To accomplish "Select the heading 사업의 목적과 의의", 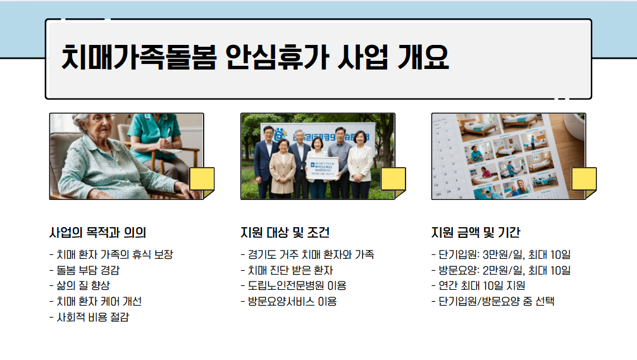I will (x=97, y=232).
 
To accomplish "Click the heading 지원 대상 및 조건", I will (x=285, y=232).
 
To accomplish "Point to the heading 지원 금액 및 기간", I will (x=475, y=232).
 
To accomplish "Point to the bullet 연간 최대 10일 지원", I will (x=478, y=285).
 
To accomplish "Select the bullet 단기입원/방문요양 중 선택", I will (x=492, y=301).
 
